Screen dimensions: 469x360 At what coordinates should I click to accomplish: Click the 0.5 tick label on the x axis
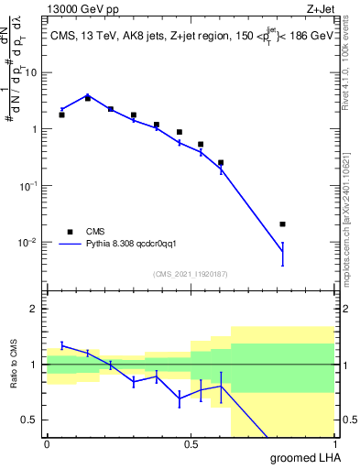point(191,444)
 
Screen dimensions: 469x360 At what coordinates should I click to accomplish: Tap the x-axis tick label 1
point(333,444)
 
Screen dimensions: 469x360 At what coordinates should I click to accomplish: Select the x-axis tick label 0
point(47,444)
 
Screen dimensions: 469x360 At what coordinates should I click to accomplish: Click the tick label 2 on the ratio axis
point(36,309)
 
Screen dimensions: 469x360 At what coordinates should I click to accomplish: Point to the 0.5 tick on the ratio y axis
point(29,420)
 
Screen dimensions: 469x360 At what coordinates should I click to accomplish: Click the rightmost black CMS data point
point(282,224)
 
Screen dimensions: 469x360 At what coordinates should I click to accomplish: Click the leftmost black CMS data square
point(61,115)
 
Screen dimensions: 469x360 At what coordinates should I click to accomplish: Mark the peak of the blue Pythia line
point(87,94)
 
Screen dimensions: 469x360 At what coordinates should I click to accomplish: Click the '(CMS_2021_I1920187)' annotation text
point(191,272)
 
